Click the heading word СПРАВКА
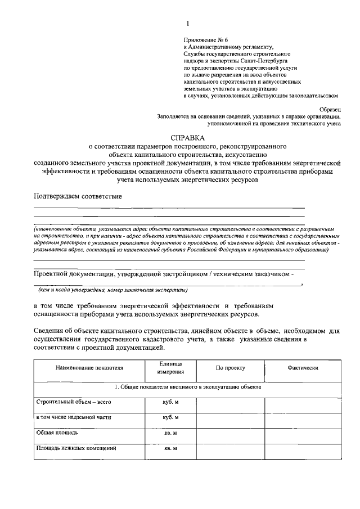[188, 137]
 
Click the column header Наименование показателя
[89, 368]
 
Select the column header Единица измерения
[170, 368]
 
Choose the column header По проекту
[231, 368]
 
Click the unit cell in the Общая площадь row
[170, 433]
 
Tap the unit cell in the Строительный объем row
[170, 403]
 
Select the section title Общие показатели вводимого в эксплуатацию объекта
[187, 388]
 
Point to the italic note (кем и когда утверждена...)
[112, 290]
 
